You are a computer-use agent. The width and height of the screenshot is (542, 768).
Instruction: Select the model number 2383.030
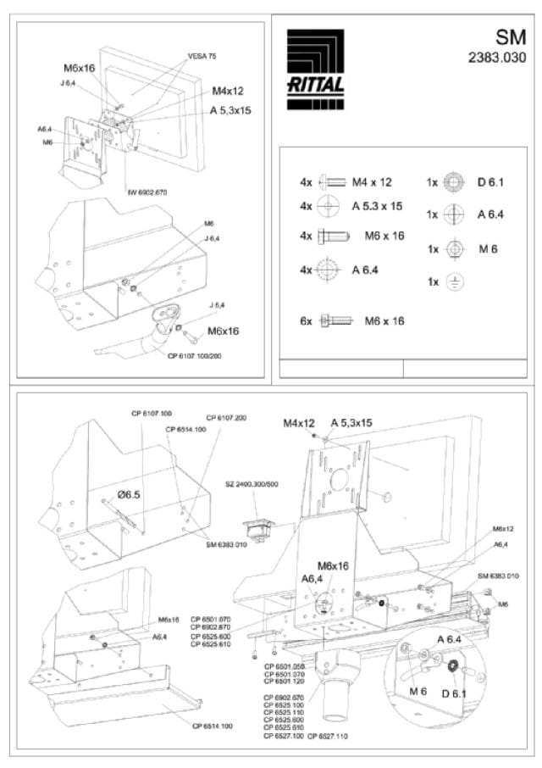coord(497,58)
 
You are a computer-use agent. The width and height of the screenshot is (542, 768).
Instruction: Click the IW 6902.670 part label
coord(147,192)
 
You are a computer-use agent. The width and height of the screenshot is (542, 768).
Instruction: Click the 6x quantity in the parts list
coord(306,321)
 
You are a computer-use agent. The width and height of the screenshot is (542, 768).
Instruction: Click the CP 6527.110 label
coord(327,737)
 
